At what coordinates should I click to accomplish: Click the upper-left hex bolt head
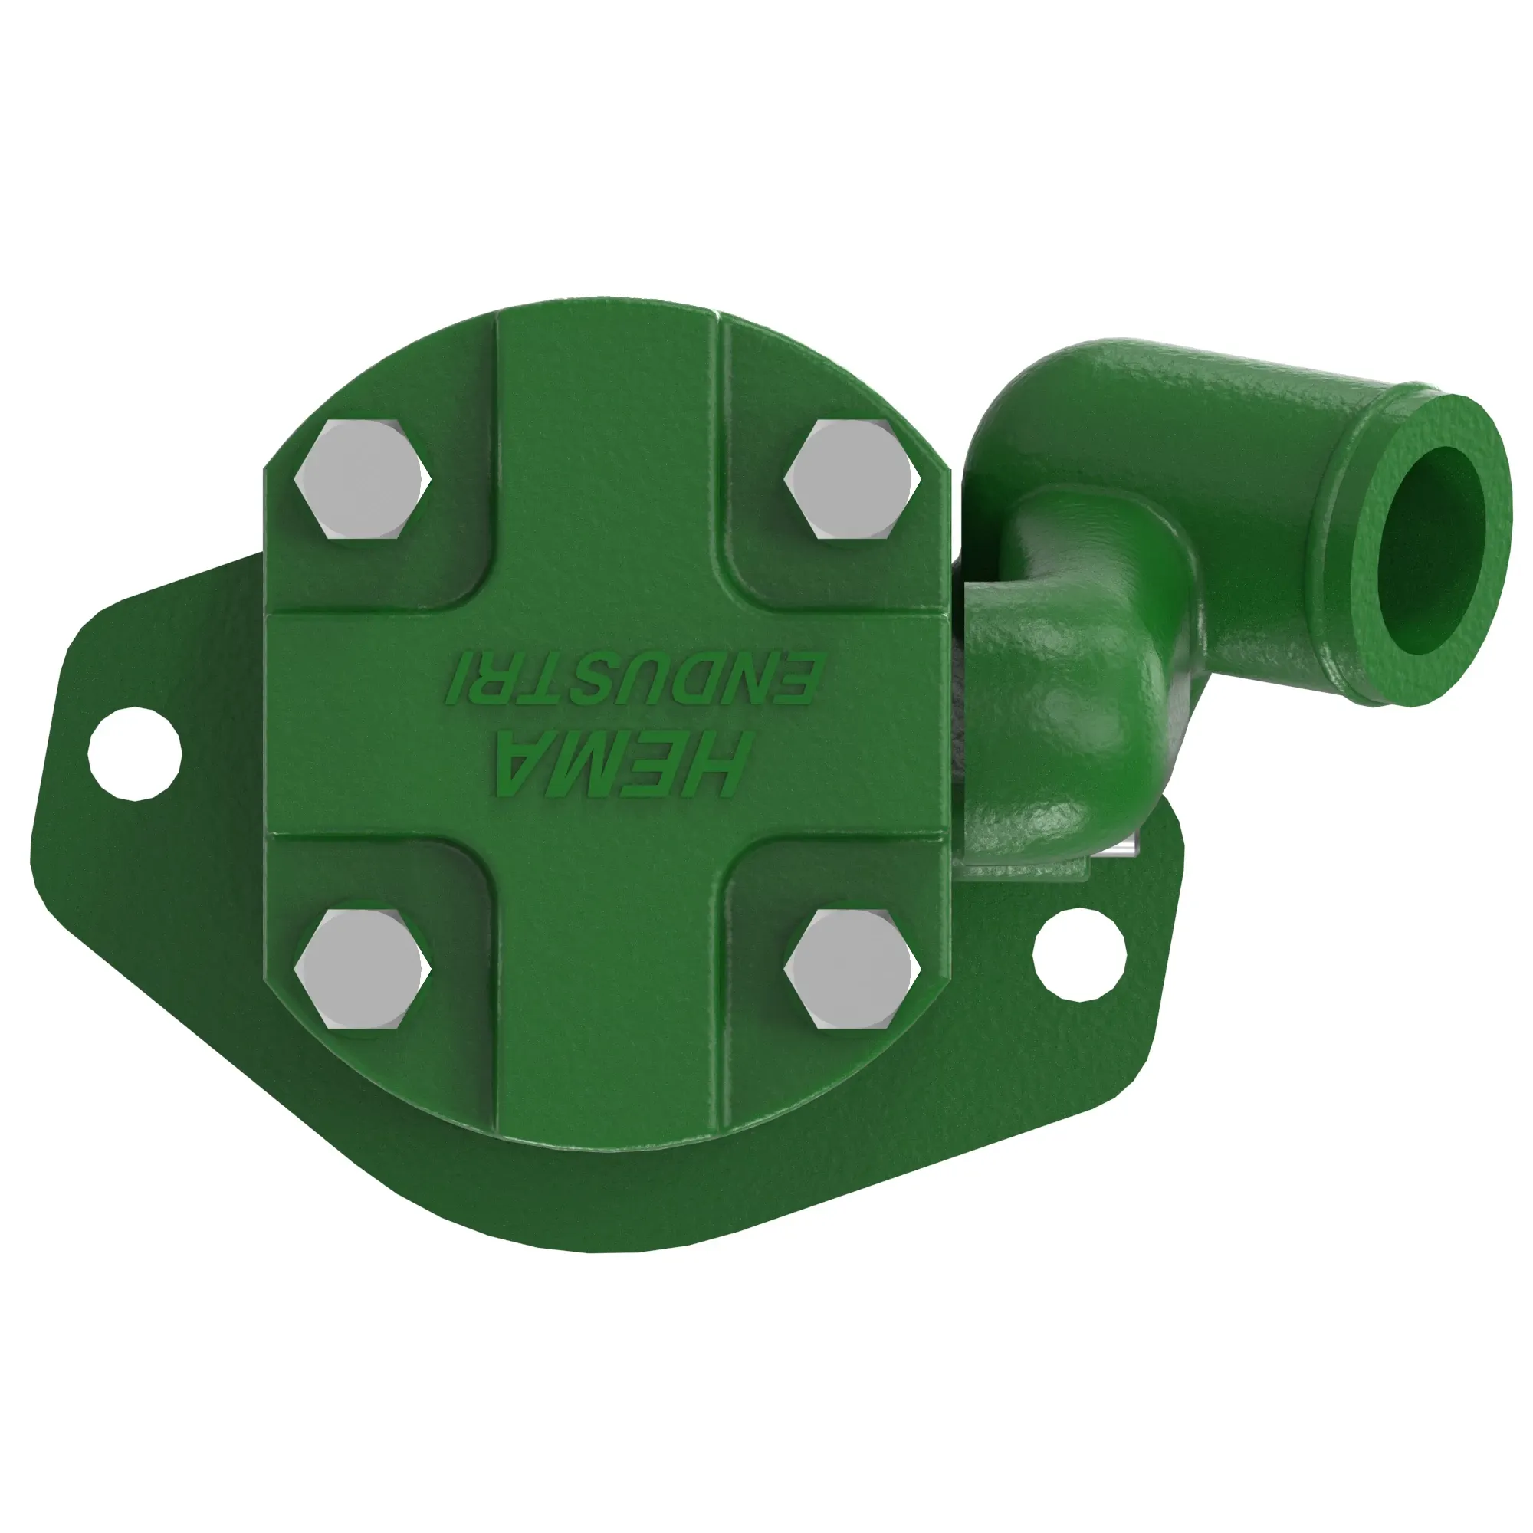pos(363,480)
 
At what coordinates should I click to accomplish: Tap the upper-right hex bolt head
pos(852,480)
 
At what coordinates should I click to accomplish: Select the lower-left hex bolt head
pos(363,970)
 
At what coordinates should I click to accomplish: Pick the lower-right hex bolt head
pos(852,970)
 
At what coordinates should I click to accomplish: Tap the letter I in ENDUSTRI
pos(454,678)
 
